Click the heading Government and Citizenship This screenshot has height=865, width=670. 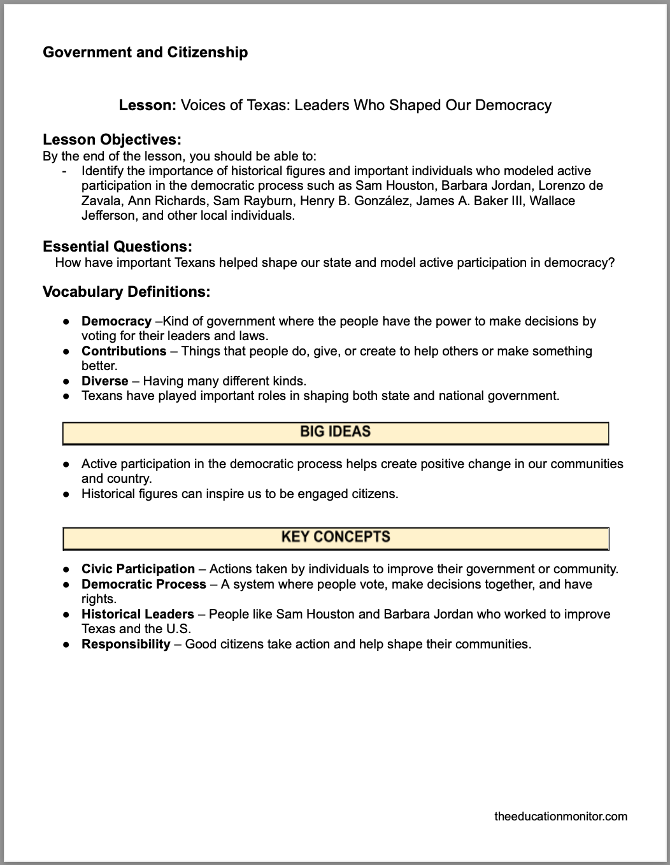(x=145, y=52)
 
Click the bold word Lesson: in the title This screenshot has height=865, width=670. (x=147, y=105)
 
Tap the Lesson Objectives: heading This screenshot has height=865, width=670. (x=112, y=139)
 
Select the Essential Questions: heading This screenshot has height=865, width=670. (x=117, y=247)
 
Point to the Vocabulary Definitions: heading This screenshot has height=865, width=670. (x=126, y=292)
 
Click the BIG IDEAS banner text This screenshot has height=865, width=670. (x=335, y=432)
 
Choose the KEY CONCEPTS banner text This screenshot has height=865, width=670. (x=335, y=537)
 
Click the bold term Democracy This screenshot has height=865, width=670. (x=116, y=321)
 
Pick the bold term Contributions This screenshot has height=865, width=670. (x=124, y=351)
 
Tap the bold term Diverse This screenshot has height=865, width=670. (x=104, y=381)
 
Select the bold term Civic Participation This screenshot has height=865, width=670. (x=138, y=569)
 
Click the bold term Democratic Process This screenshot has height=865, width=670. (x=143, y=584)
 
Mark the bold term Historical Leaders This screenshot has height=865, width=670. (x=138, y=614)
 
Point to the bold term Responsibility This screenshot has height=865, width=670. (x=125, y=644)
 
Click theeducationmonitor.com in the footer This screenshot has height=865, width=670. (x=560, y=816)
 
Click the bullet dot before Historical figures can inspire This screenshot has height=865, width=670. (x=66, y=494)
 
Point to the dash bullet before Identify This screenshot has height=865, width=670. (x=64, y=171)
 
